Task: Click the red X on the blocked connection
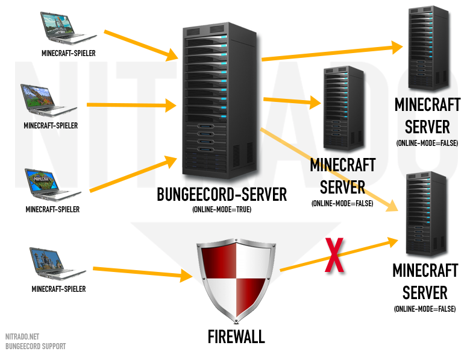coord(336,256)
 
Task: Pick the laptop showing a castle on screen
coord(57,265)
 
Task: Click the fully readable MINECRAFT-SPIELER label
coord(51,126)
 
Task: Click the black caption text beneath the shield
coord(236,335)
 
